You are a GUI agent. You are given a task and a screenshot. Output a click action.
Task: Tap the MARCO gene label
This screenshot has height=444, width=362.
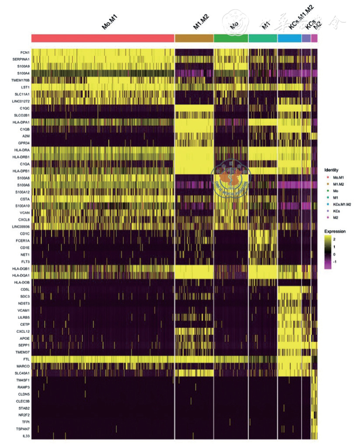coord(23,366)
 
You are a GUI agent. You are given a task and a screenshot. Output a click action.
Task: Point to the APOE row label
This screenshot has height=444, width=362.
coord(24,338)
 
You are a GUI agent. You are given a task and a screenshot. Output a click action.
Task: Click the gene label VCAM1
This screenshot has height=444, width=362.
coord(23,310)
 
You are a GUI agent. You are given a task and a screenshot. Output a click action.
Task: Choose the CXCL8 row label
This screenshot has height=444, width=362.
coord(23,220)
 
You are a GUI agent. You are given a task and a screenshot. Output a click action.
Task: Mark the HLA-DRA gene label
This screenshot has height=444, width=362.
coord(21,150)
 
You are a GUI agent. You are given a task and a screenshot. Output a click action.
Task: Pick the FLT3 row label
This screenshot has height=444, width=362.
coord(24,261)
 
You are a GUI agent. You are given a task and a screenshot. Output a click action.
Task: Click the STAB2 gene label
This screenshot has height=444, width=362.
coord(24,408)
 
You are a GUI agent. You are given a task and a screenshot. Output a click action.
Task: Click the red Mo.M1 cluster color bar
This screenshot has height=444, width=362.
coord(103,38)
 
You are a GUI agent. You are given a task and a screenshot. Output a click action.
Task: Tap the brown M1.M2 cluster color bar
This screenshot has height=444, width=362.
coord(194,38)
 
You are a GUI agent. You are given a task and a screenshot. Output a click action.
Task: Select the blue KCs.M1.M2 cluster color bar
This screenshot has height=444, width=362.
coord(289,38)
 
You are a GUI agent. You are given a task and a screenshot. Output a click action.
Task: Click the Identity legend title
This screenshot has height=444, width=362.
coord(331,169)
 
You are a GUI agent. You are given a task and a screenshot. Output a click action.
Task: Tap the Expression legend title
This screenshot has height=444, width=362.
coord(334,231)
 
